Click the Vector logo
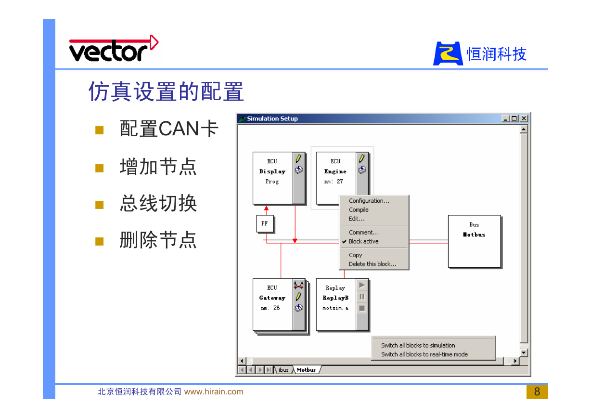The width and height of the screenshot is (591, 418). tap(114, 49)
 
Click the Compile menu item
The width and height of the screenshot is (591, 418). tap(358, 209)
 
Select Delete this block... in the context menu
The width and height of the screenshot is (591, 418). tap(373, 264)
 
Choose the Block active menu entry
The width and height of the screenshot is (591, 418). tap(363, 241)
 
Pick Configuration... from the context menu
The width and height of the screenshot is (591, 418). tap(369, 201)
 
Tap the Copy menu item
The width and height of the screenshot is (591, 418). tap(355, 255)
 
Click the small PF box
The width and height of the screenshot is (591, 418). tap(265, 223)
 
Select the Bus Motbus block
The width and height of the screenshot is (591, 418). tap(474, 241)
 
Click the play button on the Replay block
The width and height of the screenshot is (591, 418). tap(362, 285)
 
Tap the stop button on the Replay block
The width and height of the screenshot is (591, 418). tap(362, 308)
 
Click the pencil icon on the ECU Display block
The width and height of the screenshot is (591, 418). tap(298, 158)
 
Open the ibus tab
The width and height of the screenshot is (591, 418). tap(283, 370)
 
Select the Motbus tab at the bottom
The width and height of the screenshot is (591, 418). tap(306, 370)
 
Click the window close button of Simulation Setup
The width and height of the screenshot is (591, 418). tap(524, 118)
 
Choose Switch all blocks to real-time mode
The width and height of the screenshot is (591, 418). tap(424, 354)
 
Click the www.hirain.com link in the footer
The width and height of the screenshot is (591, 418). tap(214, 392)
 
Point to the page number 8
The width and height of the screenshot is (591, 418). tap(537, 392)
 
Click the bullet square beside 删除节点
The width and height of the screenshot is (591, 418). tap(99, 241)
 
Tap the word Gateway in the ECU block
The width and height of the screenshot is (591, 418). tap(272, 298)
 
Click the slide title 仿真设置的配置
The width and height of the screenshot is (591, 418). tap(166, 91)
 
